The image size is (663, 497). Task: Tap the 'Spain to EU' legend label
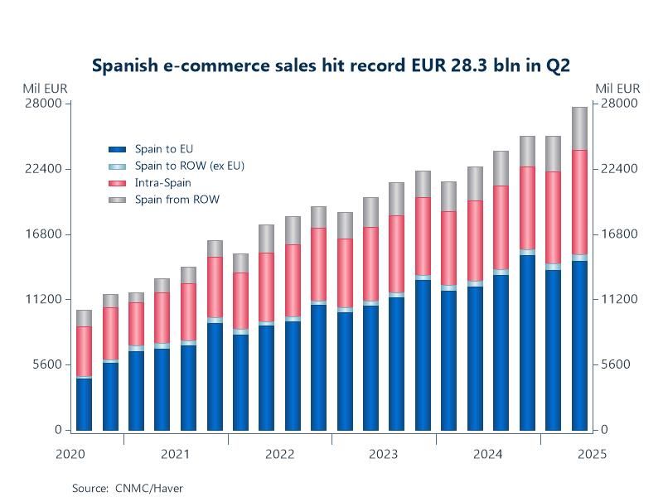click(164, 149)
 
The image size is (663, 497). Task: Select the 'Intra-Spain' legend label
click(162, 182)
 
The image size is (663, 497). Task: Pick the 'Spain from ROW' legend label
click(177, 199)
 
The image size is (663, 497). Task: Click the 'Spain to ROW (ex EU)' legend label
click(189, 166)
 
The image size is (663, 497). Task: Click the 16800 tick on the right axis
click(620, 234)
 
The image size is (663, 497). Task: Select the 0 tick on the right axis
click(605, 430)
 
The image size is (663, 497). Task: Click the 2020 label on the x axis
click(70, 454)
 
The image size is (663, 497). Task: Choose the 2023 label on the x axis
click(383, 454)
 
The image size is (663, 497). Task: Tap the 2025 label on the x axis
click(592, 454)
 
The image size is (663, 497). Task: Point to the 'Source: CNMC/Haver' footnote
click(127, 488)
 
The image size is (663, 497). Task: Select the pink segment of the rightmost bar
click(579, 202)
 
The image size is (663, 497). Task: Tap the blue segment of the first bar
click(84, 404)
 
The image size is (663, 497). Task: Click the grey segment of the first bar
click(84, 318)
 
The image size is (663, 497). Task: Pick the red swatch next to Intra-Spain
click(117, 182)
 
